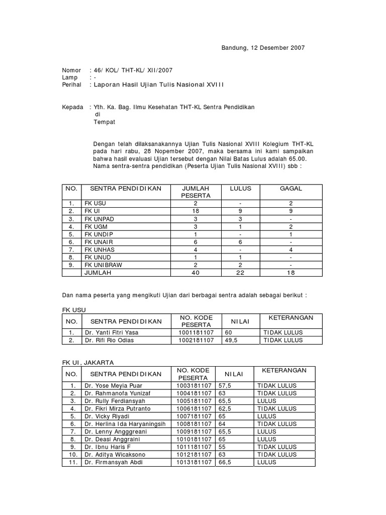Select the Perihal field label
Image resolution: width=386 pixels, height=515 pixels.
[x=72, y=85]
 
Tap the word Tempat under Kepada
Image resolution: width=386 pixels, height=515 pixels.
[x=105, y=122]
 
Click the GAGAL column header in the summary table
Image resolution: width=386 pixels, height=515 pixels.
[x=291, y=188]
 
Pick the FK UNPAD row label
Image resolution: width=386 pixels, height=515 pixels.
[x=98, y=219]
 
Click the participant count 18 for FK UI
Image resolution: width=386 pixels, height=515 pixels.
[x=196, y=211]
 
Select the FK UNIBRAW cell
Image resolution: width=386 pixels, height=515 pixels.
[x=103, y=265]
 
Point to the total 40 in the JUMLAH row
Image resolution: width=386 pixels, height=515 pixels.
[x=196, y=273]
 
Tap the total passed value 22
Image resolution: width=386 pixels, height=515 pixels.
[x=240, y=273]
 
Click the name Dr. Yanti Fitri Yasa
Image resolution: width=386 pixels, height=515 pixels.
[x=112, y=332]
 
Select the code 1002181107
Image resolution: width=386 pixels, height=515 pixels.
[x=196, y=340]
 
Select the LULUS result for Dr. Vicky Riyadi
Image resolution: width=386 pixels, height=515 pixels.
[x=266, y=416]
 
